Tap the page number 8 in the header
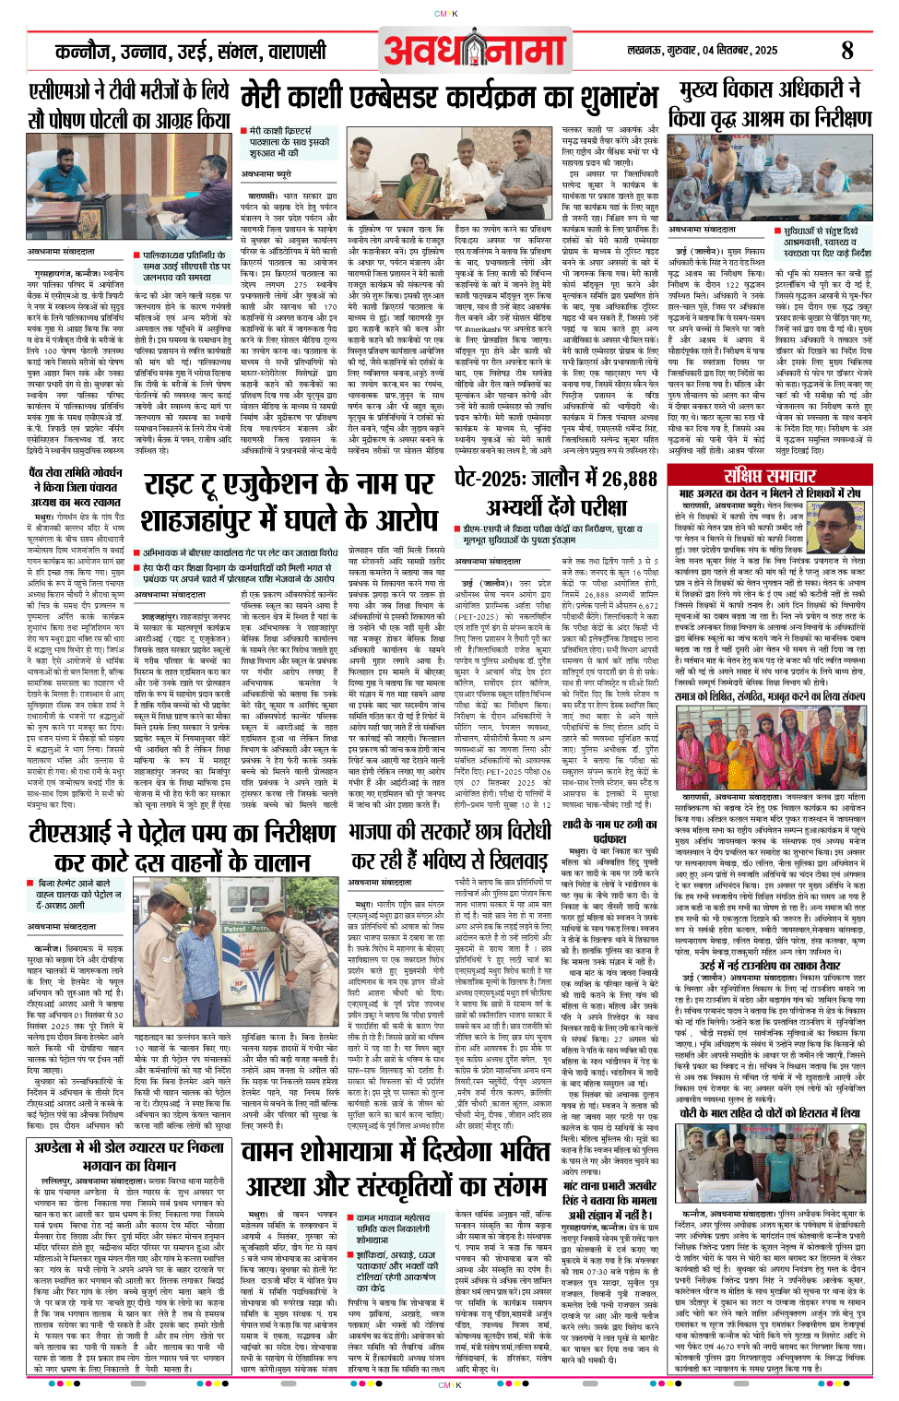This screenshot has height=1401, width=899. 847,51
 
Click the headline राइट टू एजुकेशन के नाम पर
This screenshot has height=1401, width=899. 289,485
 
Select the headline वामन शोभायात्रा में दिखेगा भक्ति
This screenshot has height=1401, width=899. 396,1152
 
